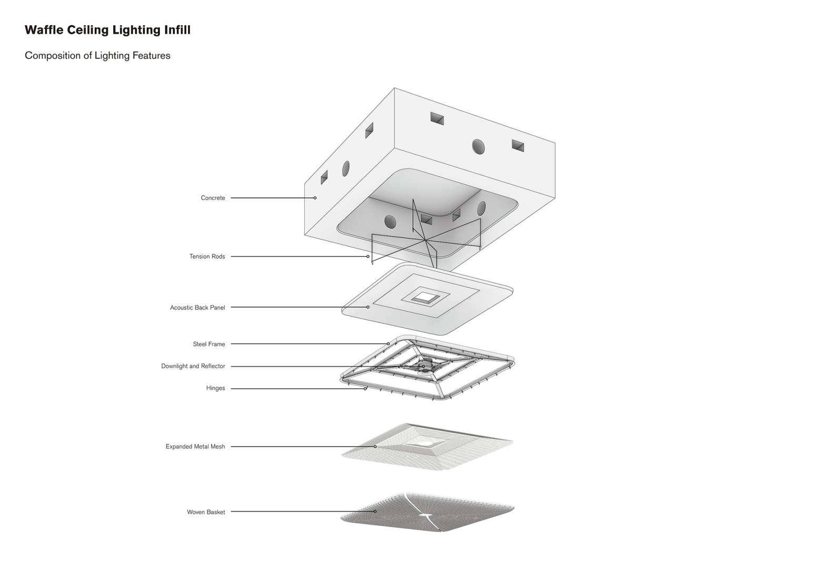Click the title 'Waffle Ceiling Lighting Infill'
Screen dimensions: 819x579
(x=107, y=30)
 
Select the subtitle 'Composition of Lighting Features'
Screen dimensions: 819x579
(x=97, y=56)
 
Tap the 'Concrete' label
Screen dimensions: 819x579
(x=213, y=198)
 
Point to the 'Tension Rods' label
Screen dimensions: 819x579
(x=207, y=256)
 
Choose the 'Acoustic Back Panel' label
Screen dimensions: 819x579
(x=197, y=307)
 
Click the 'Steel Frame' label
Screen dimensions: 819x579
(x=209, y=344)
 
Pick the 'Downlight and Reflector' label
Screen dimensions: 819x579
(x=193, y=366)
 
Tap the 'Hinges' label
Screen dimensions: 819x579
(x=215, y=388)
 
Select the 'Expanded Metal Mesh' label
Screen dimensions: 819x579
(x=195, y=446)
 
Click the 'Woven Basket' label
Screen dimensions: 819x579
(x=206, y=512)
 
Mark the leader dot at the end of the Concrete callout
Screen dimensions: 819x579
(x=315, y=198)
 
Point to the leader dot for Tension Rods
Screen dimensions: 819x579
(x=368, y=256)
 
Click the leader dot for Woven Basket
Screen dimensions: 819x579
(x=375, y=512)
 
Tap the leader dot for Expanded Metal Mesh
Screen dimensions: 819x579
(x=375, y=446)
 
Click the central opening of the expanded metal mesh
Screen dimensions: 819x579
(x=426, y=444)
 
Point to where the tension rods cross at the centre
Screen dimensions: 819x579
(x=425, y=240)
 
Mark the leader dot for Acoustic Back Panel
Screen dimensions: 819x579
(x=368, y=307)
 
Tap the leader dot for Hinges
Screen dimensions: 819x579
(x=365, y=388)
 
